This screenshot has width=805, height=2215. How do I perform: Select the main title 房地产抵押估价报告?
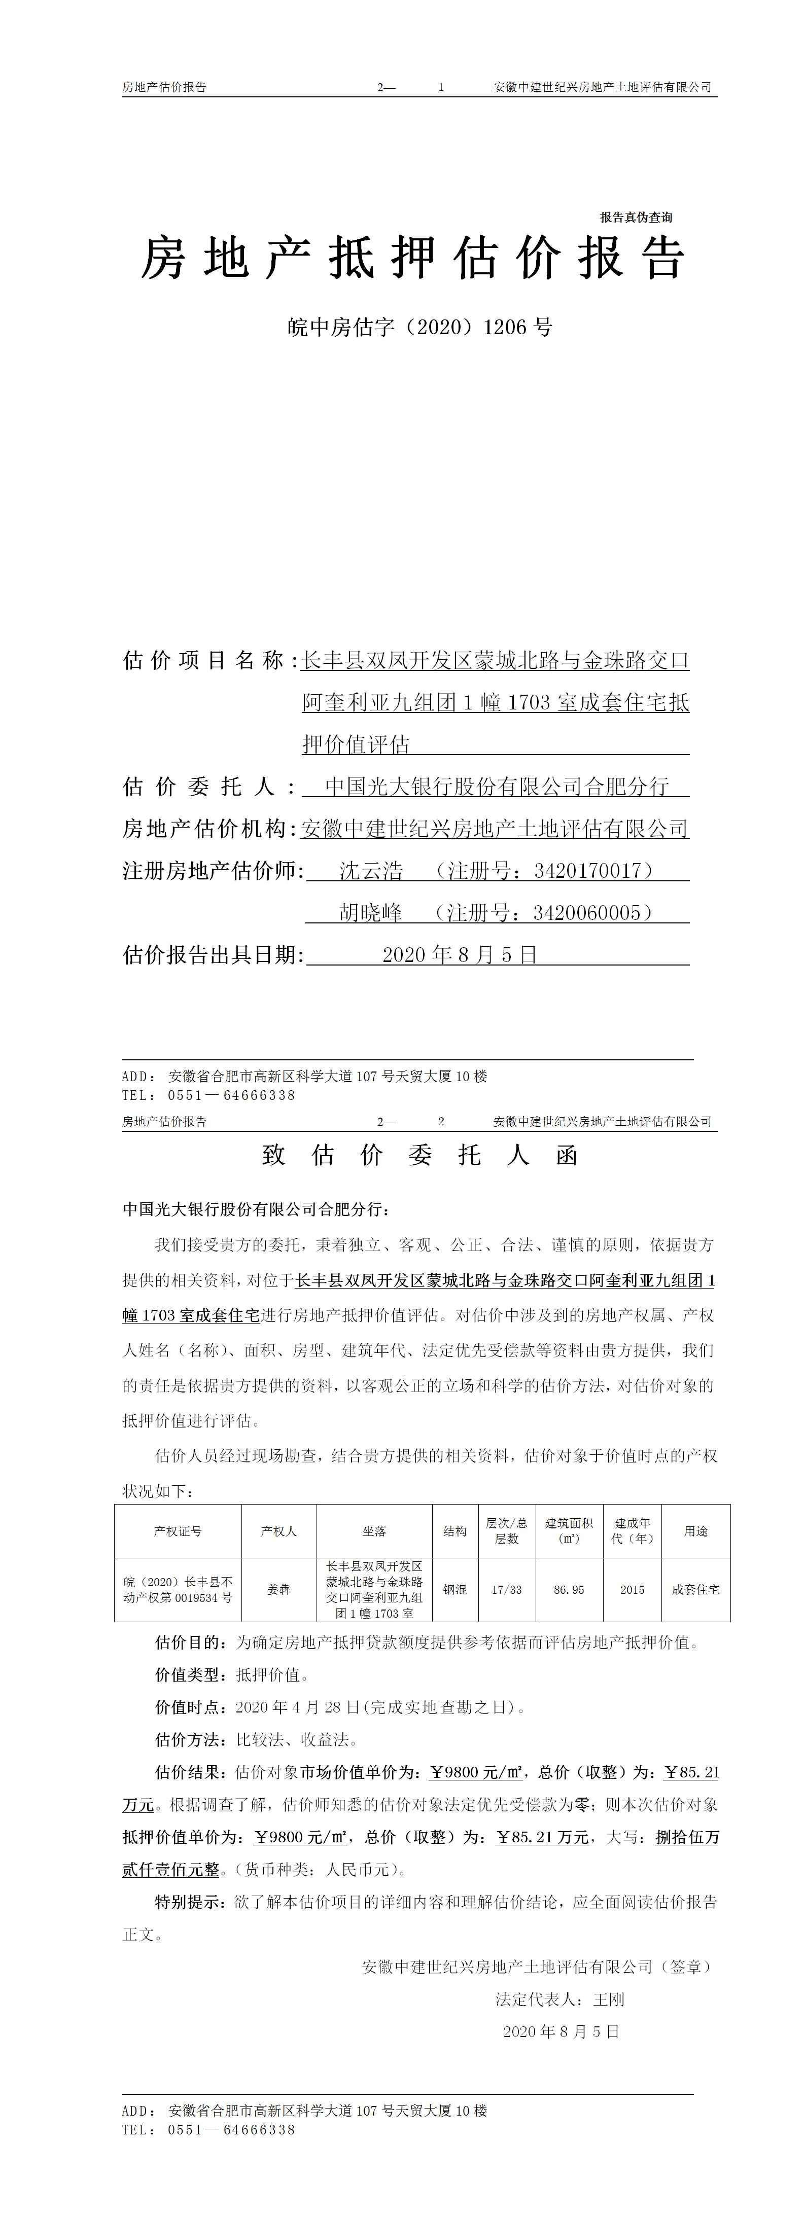coord(413,258)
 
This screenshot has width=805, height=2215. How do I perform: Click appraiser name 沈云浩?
coord(371,871)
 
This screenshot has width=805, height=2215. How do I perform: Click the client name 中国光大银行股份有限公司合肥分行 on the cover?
coord(496,787)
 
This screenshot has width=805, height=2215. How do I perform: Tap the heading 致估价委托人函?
coord(419,1155)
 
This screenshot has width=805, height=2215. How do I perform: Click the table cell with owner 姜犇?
coord(278,1590)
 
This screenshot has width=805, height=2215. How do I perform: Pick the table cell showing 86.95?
coord(569,1590)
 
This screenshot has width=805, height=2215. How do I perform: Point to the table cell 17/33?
coord(507,1590)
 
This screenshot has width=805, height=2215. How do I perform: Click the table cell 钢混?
coord(455,1590)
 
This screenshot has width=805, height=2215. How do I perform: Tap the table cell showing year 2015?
coord(632,1590)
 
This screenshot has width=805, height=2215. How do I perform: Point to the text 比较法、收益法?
coord(292,1739)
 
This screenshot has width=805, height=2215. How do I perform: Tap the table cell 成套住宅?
coord(696,1590)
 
